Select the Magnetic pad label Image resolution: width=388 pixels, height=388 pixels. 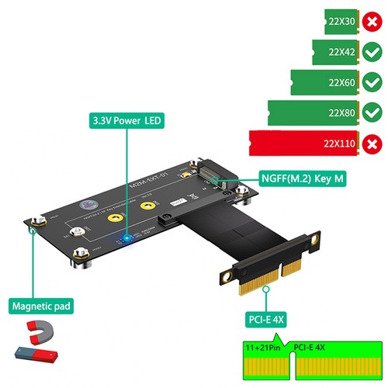click(x=40, y=307)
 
